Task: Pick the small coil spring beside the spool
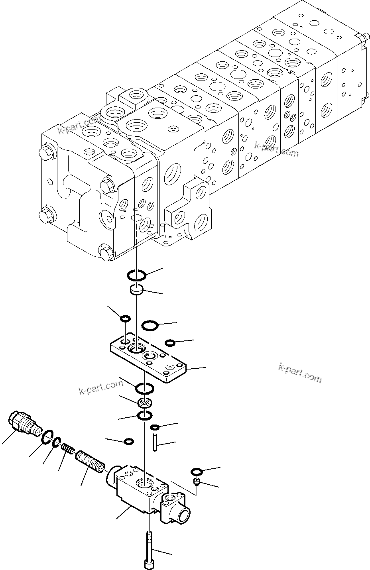coord(68,450)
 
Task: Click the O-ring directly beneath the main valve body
coord(136,274)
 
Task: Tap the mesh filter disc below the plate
coord(144,402)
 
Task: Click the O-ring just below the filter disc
coord(144,416)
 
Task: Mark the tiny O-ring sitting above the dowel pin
coord(155,428)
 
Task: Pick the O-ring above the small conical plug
coord(196,472)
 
